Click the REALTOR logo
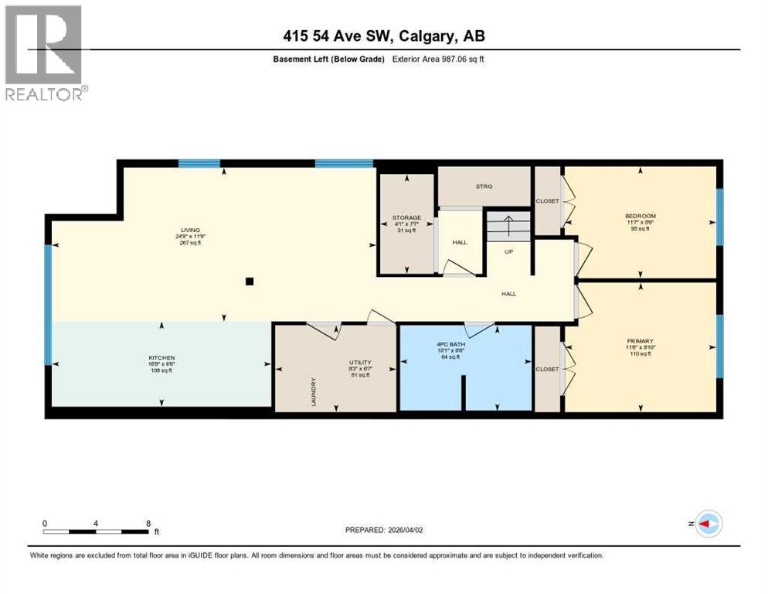click(43, 53)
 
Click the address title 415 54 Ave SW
click(384, 36)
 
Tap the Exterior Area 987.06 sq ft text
click(438, 59)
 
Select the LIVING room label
click(190, 230)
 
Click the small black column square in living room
click(249, 282)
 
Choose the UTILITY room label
click(360, 362)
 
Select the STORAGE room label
click(406, 218)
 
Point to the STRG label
click(484, 186)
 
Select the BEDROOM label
click(640, 216)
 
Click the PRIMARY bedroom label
click(640, 341)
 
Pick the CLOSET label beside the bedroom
click(547, 201)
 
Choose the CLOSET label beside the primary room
click(547, 369)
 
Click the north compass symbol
click(707, 524)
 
